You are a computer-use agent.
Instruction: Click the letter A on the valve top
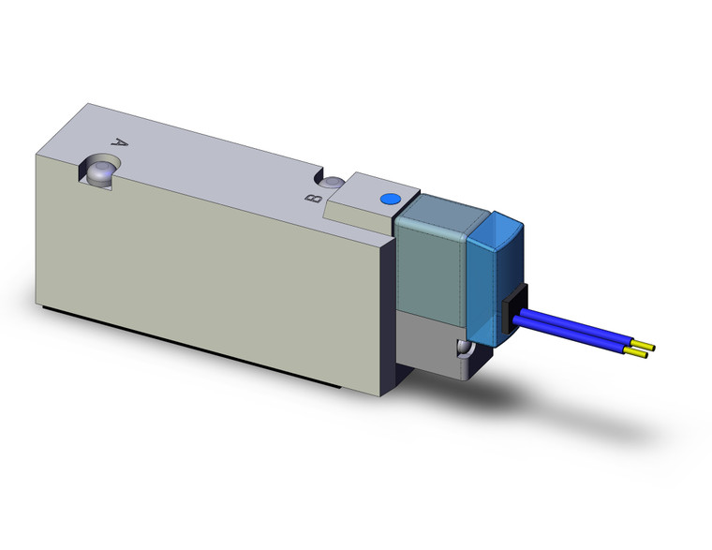tap(119, 143)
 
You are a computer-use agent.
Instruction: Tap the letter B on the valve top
tap(316, 197)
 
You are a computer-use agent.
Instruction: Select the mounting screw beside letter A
tap(98, 171)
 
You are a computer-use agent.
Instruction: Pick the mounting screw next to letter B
tap(333, 182)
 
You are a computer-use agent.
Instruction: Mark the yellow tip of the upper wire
tap(645, 349)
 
